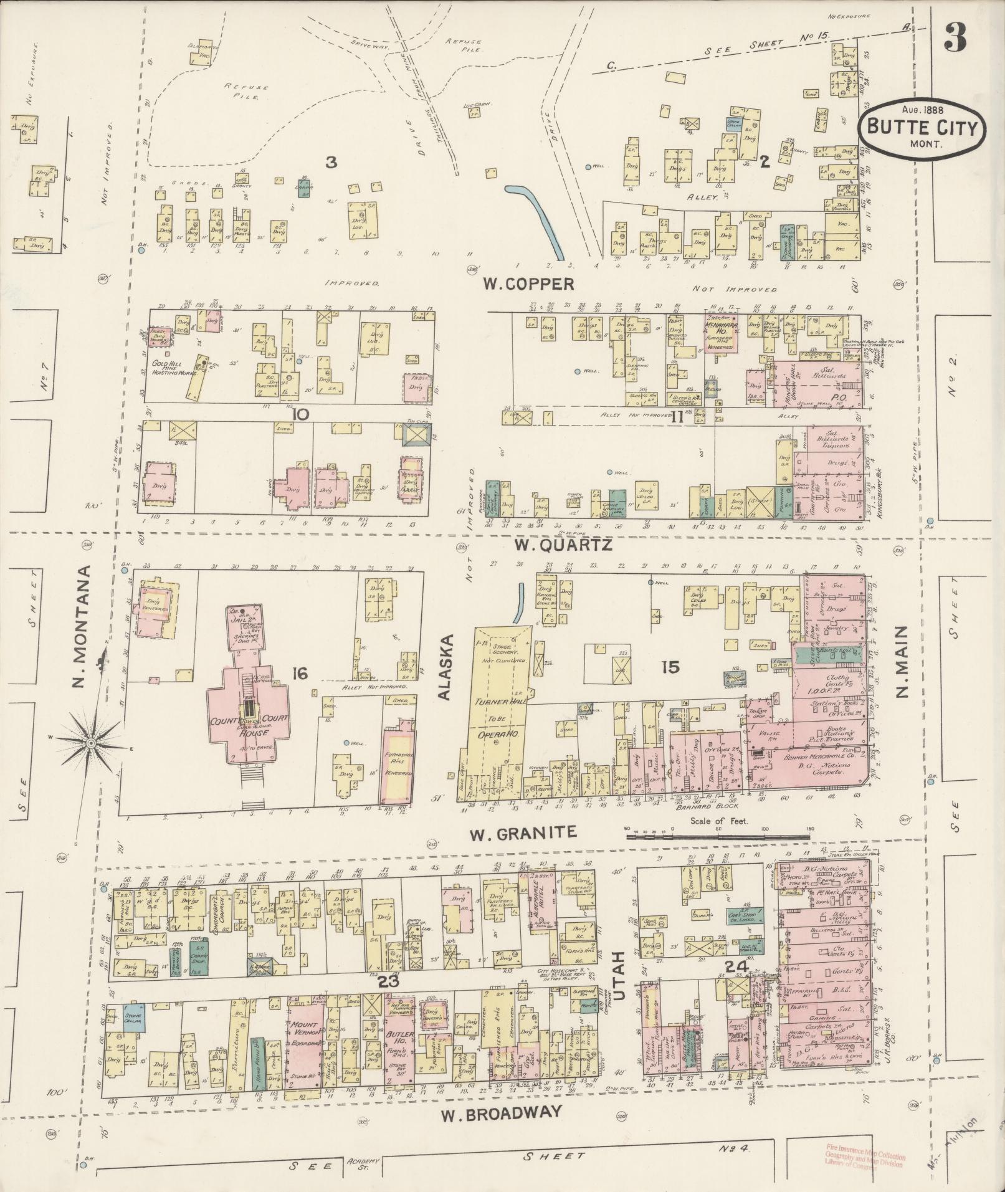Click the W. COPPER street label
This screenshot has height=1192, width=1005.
[528, 284]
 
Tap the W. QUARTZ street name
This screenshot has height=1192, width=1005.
[563, 545]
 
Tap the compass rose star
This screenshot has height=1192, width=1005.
[91, 743]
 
